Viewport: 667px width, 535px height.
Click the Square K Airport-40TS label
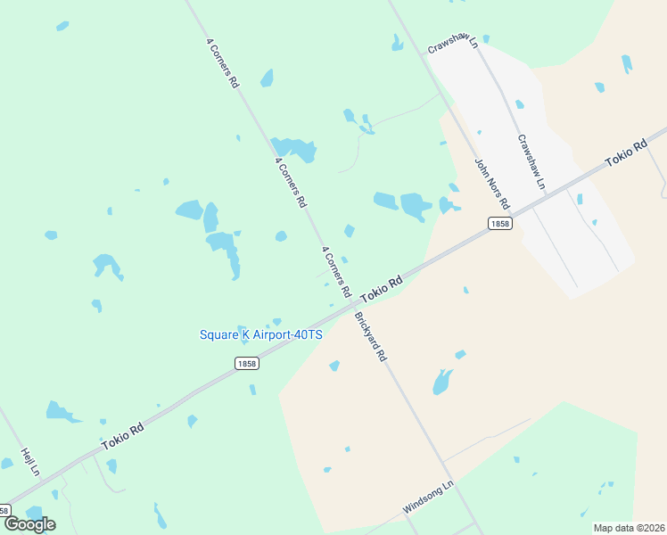(260, 334)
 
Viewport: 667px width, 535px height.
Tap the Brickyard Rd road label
(370, 336)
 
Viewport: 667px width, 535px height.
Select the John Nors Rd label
(490, 179)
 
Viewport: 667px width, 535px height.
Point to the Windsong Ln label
(428, 497)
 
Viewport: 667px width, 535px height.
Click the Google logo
(29, 523)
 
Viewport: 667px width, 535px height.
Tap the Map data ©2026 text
(630, 528)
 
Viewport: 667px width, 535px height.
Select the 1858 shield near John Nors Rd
(500, 223)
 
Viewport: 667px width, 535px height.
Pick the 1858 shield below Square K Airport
(247, 363)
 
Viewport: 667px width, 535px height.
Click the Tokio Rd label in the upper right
(625, 153)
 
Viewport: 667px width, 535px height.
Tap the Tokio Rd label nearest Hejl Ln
(122, 436)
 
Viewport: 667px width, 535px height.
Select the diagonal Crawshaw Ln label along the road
(531, 161)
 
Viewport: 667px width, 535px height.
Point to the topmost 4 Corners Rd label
(222, 62)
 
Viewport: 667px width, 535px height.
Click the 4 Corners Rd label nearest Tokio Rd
(335, 273)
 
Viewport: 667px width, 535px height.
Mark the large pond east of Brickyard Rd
(442, 382)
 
